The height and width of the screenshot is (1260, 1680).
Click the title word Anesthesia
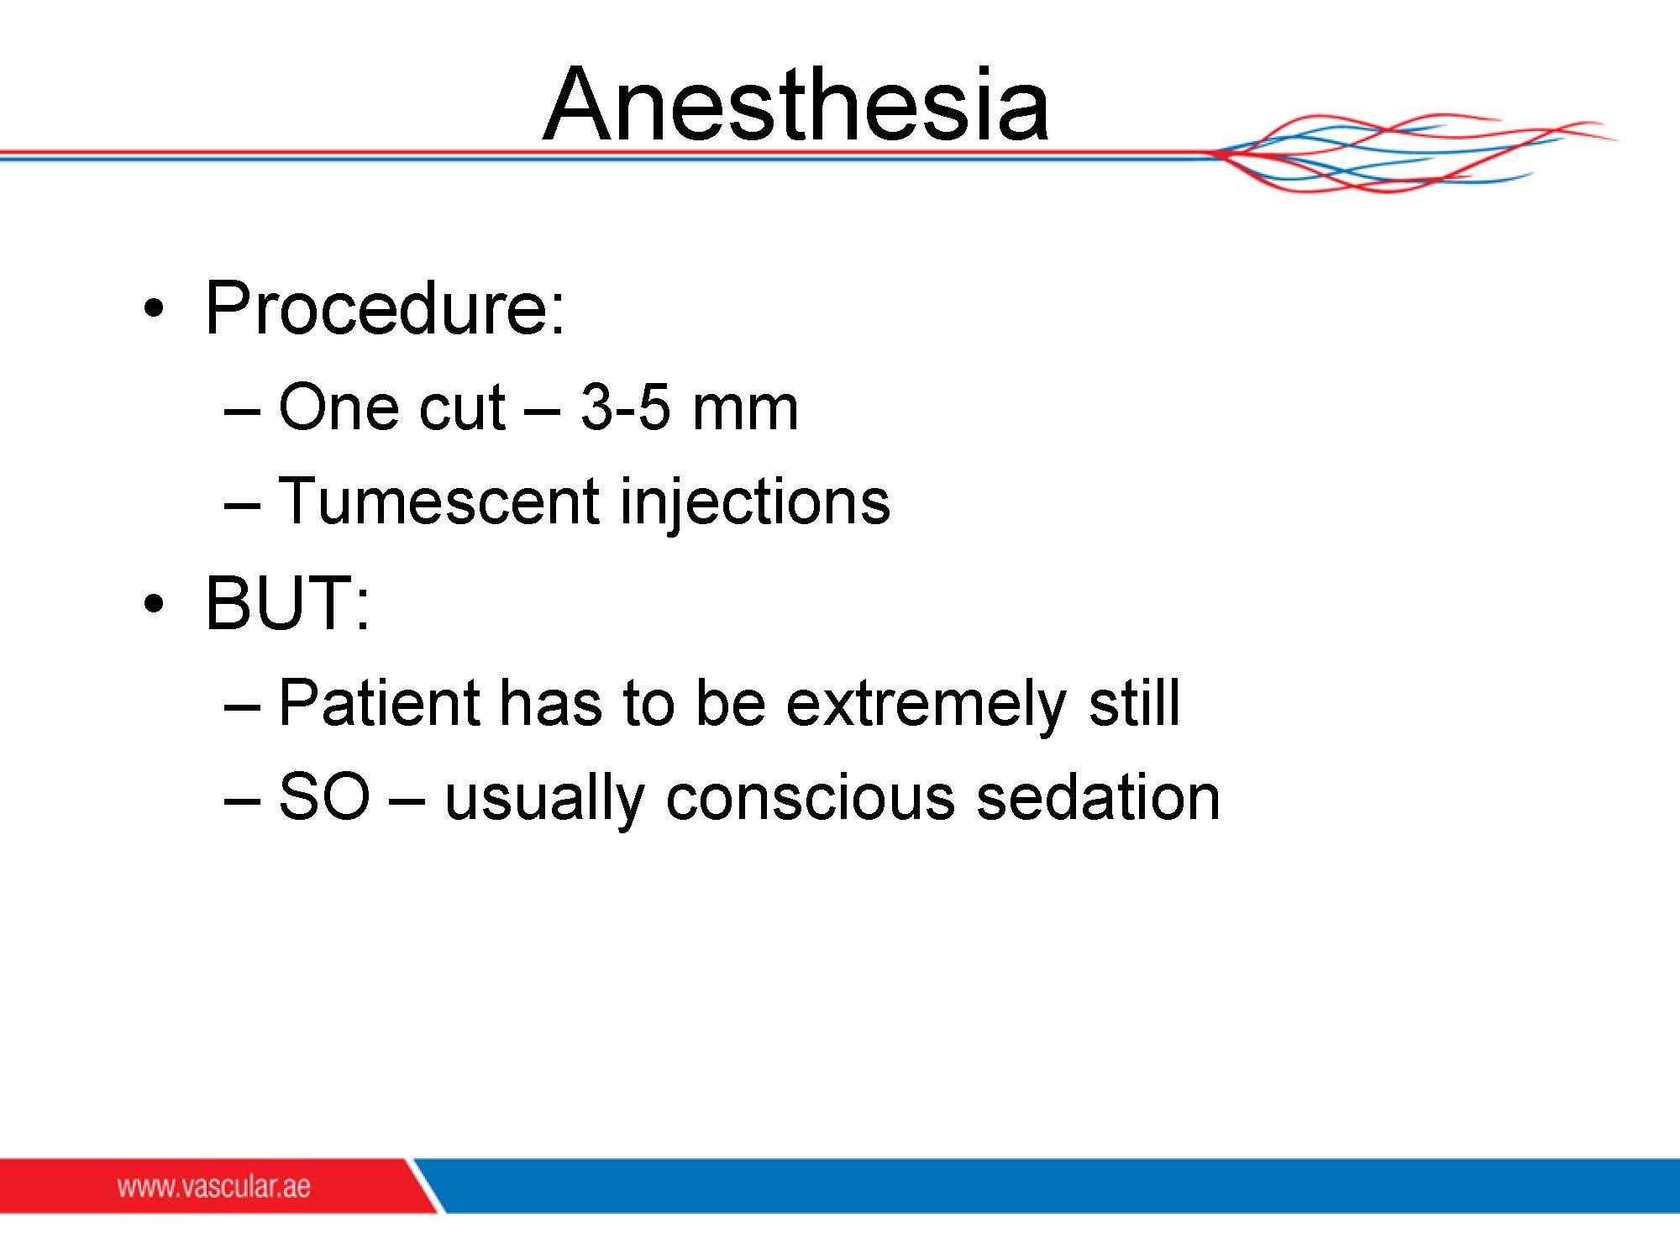[x=795, y=104]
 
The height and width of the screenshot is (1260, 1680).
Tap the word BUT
[x=278, y=602]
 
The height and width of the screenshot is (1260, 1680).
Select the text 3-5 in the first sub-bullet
[x=626, y=407]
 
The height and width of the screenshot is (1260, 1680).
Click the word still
[x=1135, y=701]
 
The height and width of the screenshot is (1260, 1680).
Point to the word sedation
[x=1098, y=795]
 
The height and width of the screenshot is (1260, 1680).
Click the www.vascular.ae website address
[x=213, y=1186]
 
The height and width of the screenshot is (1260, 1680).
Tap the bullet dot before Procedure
[x=152, y=308]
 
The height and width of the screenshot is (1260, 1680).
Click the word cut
[x=462, y=409]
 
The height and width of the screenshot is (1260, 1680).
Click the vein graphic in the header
[x=1411, y=154]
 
